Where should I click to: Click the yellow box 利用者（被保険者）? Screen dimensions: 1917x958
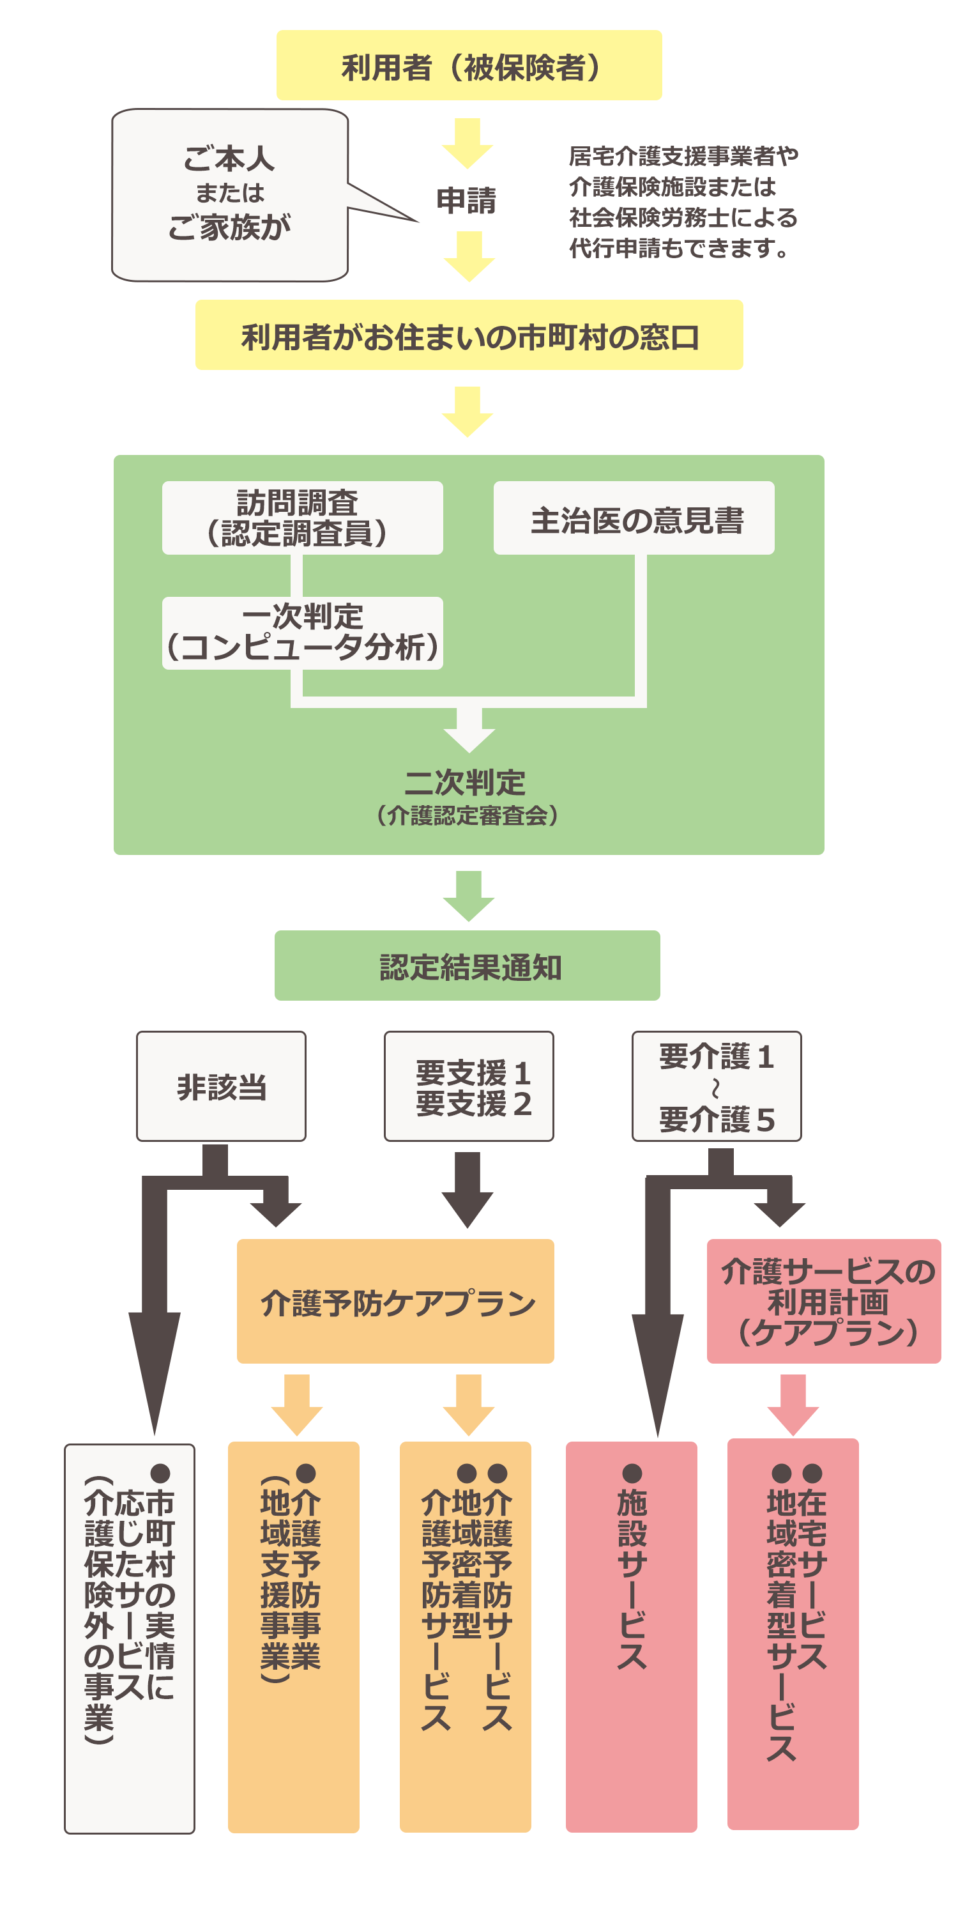tap(469, 65)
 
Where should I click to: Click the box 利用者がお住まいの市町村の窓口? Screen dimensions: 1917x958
tap(469, 335)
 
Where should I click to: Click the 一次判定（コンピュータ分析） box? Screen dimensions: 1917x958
tap(302, 633)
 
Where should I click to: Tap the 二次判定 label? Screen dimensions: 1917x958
tap(466, 783)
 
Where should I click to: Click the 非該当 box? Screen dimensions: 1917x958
tap(221, 1086)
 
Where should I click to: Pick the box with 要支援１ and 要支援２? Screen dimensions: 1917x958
tap(469, 1086)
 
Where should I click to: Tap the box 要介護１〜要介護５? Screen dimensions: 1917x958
tap(717, 1086)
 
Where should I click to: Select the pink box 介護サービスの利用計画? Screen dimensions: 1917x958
tap(823, 1302)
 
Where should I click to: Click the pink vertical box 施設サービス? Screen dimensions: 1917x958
tap(631, 1637)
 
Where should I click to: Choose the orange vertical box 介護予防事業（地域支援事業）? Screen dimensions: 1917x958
tap(293, 1637)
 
